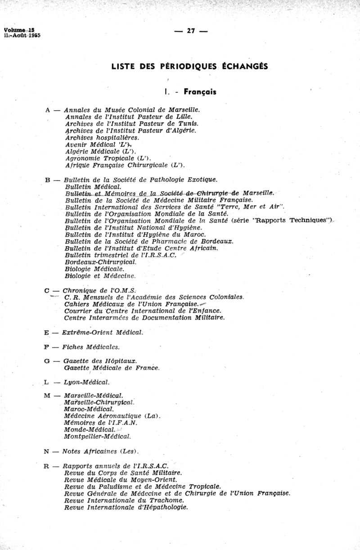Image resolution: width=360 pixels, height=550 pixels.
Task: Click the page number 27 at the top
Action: pyautogui.click(x=191, y=31)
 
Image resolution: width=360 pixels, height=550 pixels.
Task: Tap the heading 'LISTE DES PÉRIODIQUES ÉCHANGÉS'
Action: pyautogui.click(x=189, y=66)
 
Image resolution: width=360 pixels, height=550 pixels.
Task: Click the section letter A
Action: pyautogui.click(x=48, y=109)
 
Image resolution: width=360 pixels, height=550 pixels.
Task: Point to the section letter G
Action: pyautogui.click(x=47, y=361)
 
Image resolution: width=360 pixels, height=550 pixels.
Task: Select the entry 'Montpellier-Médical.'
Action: pyautogui.click(x=98, y=436)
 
